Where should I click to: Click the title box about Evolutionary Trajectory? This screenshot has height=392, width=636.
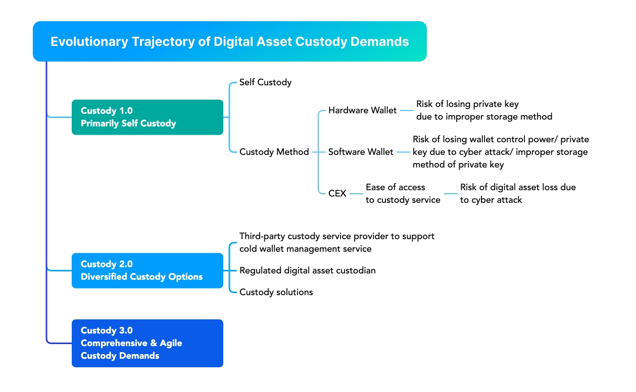(230, 41)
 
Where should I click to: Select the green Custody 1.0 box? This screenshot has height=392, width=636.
(147, 117)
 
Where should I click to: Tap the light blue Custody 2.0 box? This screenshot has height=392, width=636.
(147, 270)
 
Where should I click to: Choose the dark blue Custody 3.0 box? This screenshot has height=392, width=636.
(147, 343)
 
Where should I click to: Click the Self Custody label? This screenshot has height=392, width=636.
(265, 82)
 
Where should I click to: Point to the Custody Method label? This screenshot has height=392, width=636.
(274, 152)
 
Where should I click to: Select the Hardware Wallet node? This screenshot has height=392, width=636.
(362, 110)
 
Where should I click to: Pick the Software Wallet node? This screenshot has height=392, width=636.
(361, 152)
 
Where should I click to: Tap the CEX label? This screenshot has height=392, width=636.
(337, 193)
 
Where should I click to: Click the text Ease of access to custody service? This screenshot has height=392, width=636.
(403, 194)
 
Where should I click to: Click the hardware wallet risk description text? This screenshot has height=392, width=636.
(483, 110)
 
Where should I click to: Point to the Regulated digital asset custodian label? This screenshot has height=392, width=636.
(307, 270)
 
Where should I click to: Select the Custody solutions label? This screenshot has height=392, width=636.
(276, 292)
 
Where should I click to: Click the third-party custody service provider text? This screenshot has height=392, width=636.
(336, 242)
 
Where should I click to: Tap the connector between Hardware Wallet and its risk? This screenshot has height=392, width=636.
(406, 110)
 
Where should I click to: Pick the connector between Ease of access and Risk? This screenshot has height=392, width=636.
(451, 193)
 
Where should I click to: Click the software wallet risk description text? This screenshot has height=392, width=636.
(500, 152)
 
